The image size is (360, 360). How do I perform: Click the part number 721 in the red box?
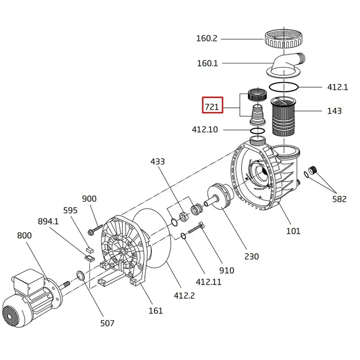pyautogui.click(x=211, y=107)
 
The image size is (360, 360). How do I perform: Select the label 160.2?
pyautogui.click(x=207, y=38)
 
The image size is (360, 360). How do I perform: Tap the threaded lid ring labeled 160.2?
pyautogui.click(x=284, y=39)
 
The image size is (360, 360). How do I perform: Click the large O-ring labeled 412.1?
pyautogui.click(x=283, y=87)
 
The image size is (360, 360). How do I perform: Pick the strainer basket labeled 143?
pyautogui.click(x=284, y=116)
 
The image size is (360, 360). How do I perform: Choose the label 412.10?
pyautogui.click(x=205, y=130)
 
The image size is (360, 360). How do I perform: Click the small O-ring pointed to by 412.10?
pyautogui.click(x=257, y=131)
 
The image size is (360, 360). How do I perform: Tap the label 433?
pyautogui.click(x=157, y=162)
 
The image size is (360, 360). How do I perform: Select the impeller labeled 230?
pyautogui.click(x=220, y=196)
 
